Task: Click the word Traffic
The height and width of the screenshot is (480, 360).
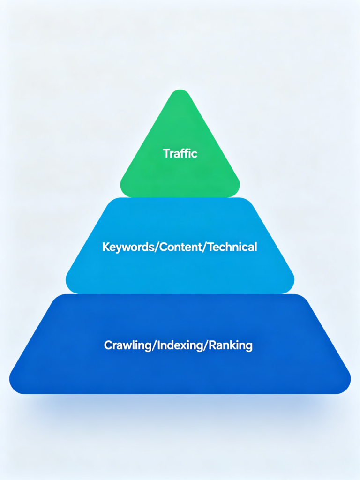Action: click(x=180, y=153)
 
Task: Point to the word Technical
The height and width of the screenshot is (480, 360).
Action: click(x=232, y=247)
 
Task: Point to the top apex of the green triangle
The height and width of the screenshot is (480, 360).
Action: click(x=180, y=90)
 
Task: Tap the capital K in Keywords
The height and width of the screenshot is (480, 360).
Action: click(x=106, y=247)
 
